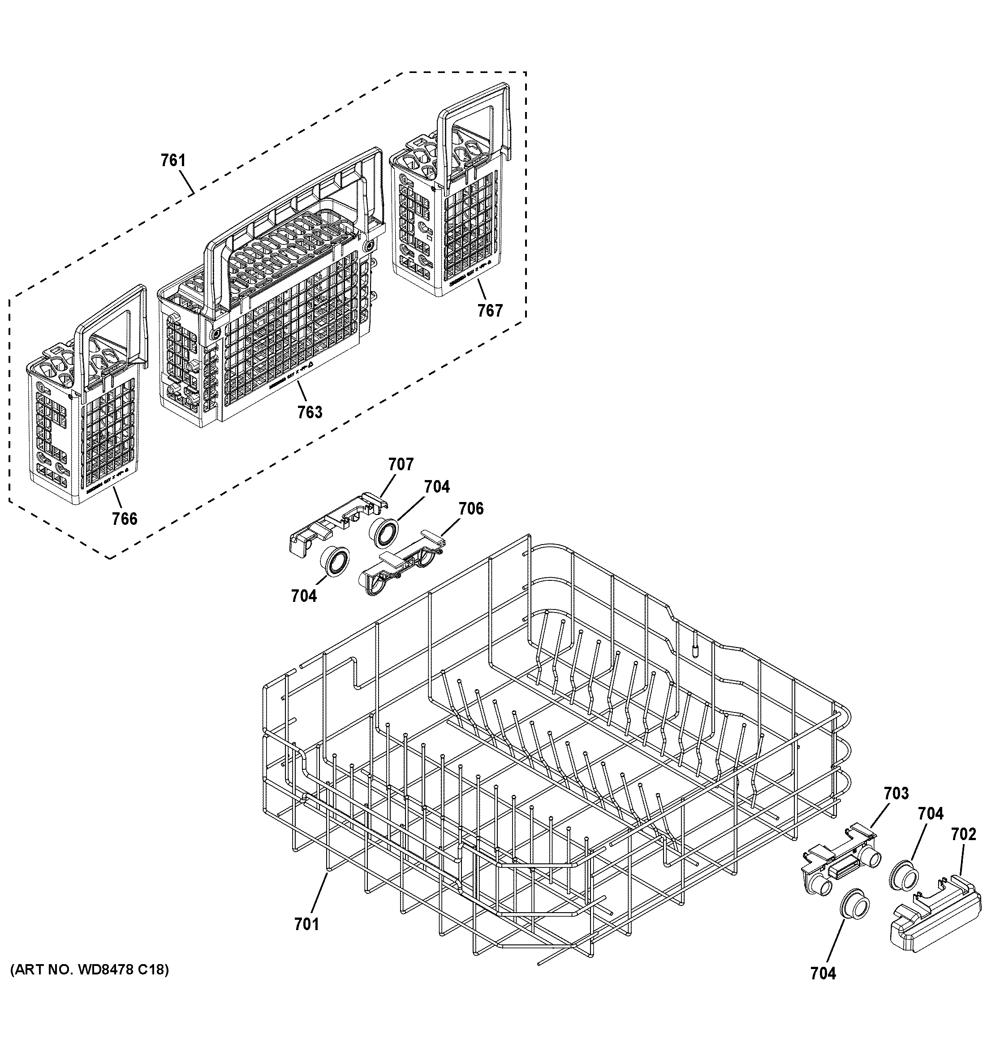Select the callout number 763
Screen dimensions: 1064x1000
coord(310,412)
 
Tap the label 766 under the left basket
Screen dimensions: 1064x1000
coord(124,518)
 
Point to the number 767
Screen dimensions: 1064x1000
coord(490,310)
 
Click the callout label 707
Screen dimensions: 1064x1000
coord(401,464)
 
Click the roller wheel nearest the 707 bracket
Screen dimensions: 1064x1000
coord(384,532)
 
